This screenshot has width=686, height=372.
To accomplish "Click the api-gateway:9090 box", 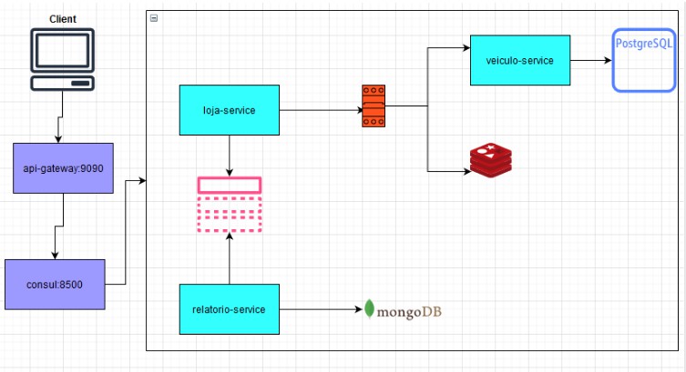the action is point(63,168).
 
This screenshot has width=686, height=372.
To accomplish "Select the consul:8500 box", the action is point(55,285).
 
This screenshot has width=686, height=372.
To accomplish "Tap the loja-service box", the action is point(230,110).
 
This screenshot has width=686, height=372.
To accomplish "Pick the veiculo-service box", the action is point(520,60).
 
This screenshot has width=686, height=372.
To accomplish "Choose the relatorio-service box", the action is point(230,309).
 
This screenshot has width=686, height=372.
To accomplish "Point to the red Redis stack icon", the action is point(491,160).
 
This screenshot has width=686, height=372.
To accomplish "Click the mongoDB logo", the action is point(403,309).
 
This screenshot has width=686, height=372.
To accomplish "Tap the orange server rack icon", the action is point(374,106).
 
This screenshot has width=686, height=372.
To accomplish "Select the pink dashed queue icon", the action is point(230,205).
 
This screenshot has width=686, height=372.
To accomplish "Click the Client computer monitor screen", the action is point(62,50).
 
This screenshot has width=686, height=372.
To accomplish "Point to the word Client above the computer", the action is point(63,19).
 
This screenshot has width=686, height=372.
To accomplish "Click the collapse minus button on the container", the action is point(154,18).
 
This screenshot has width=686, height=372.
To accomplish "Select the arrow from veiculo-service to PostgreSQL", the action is point(590,60).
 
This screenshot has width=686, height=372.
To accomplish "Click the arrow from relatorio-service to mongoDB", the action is point(321,309).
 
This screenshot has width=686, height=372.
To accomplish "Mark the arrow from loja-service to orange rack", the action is point(321,110).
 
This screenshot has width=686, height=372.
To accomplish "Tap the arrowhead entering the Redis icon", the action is point(467,171).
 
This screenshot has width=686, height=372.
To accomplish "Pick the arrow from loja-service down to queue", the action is point(230,156).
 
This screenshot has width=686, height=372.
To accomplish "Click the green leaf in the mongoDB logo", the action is point(370,308).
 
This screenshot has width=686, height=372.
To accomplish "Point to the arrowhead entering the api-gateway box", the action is point(58,139).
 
